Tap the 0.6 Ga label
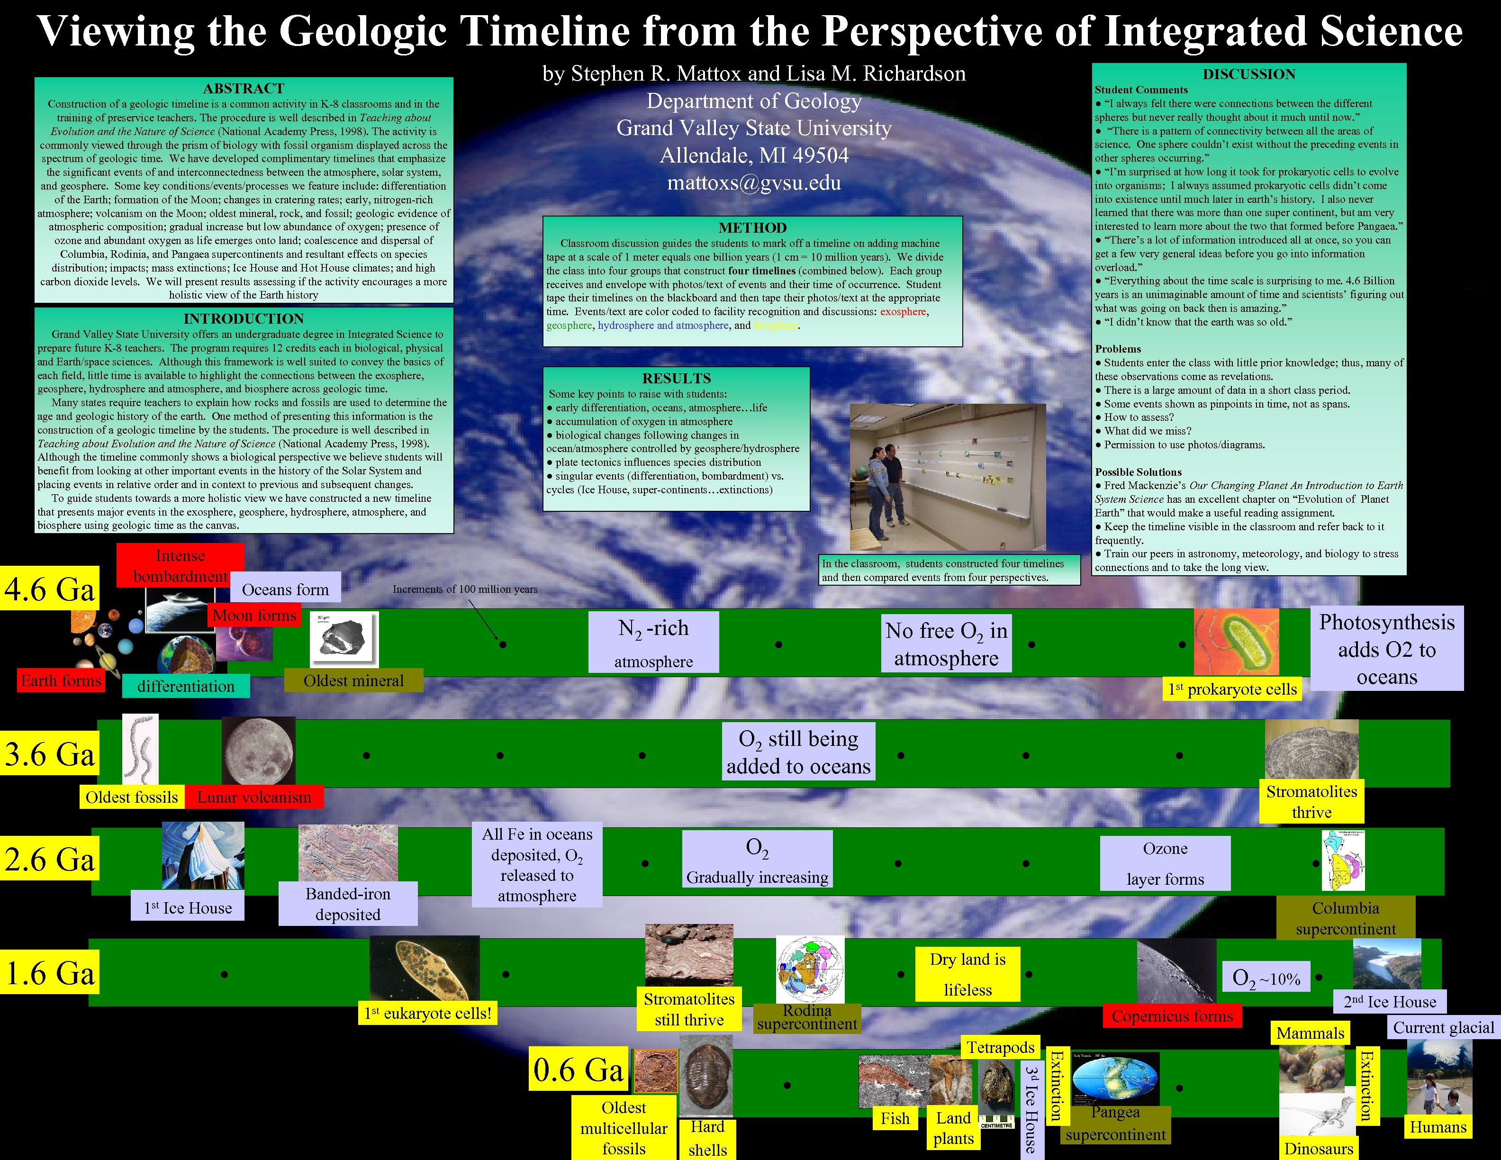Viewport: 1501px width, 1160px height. coord(579,1070)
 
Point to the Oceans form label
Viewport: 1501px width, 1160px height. coord(285,589)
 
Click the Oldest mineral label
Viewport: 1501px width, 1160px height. coord(353,680)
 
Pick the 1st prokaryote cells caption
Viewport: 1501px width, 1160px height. coord(1232,689)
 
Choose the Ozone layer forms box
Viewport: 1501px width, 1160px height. coord(1165,863)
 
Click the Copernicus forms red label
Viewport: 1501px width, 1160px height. coord(1172,1015)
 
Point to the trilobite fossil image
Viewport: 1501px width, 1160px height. coord(706,1081)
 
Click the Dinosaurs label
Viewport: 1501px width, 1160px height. coord(1318,1148)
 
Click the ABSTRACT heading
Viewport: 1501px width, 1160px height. coord(243,88)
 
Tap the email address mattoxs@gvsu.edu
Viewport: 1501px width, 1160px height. coord(754,183)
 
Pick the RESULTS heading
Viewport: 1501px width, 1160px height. coord(676,378)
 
